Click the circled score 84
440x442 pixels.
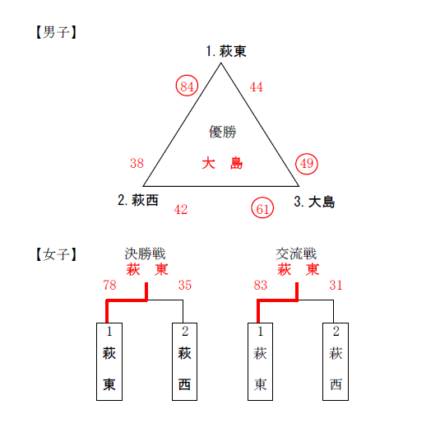click(187, 86)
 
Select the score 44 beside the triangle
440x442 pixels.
click(256, 86)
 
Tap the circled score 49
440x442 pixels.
click(307, 164)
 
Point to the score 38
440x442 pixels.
click(137, 163)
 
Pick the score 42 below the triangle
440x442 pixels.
click(181, 209)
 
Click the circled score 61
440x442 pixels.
click(262, 207)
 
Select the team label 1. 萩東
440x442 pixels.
click(226, 51)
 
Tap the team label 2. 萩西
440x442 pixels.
click(138, 200)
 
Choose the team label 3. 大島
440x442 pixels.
click(314, 202)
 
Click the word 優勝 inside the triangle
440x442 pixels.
click(223, 132)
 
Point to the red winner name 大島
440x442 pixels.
click(222, 163)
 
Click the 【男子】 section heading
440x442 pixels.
click(56, 32)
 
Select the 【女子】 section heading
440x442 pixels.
click(56, 254)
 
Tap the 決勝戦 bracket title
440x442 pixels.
click(145, 254)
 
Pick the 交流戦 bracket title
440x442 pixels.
click(296, 254)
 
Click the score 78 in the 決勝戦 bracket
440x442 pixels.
click(109, 285)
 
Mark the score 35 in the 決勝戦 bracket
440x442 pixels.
click(185, 285)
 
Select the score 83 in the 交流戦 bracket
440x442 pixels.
click(260, 285)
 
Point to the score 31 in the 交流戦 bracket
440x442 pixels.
click(336, 285)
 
